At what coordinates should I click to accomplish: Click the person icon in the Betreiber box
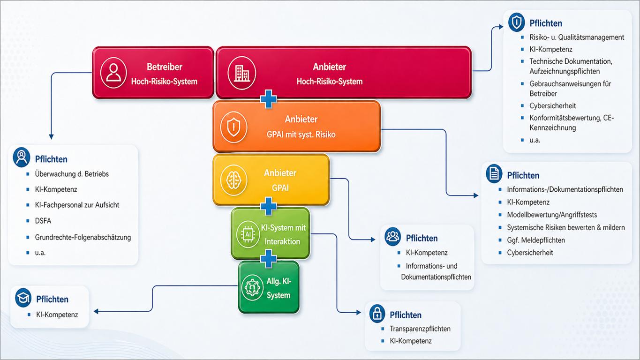pos(113,73)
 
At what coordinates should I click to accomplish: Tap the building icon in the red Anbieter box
pos(242,73)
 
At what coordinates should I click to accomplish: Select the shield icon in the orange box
pos(233,127)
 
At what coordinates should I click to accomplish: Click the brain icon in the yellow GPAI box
pos(233,180)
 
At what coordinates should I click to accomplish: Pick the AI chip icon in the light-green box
pos(248,234)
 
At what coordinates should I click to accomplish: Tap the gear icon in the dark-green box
pos(252,287)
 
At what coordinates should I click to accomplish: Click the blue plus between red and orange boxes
pos(269,99)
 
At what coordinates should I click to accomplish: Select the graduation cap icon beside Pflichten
pos(23,298)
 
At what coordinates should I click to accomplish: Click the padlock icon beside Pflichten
pos(377,314)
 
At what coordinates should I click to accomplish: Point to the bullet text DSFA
pos(43,221)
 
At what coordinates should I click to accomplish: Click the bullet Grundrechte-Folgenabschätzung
pos(83,238)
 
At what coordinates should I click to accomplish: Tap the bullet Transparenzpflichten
pos(420,329)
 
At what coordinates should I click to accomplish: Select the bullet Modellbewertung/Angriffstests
pos(552,215)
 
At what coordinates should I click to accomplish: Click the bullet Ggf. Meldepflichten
pos(536,240)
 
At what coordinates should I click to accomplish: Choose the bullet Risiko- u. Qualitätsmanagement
pos(577,37)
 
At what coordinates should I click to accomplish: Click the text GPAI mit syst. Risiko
pos(301,134)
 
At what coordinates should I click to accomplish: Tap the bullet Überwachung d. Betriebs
pos(72,174)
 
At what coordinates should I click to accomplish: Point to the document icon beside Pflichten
pos(494,173)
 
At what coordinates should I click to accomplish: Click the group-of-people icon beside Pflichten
pos(392,237)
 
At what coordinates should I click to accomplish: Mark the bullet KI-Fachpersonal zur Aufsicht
pos(77,205)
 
